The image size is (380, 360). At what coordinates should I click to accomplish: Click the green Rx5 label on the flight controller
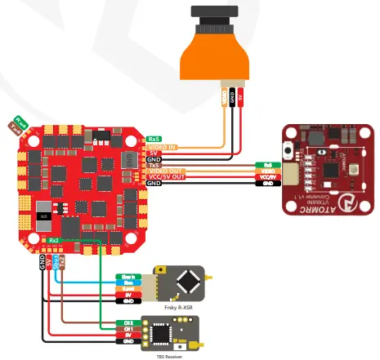[154, 139]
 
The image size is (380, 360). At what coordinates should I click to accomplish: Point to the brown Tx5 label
[154, 165]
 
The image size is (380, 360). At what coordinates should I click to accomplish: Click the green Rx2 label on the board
[54, 241]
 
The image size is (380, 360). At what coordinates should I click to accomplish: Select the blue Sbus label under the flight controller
[55, 261]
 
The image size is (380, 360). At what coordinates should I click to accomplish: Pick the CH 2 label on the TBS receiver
[129, 322]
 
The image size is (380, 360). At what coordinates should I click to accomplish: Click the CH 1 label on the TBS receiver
[129, 329]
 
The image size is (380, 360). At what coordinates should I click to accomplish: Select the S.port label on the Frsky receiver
[129, 288]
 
